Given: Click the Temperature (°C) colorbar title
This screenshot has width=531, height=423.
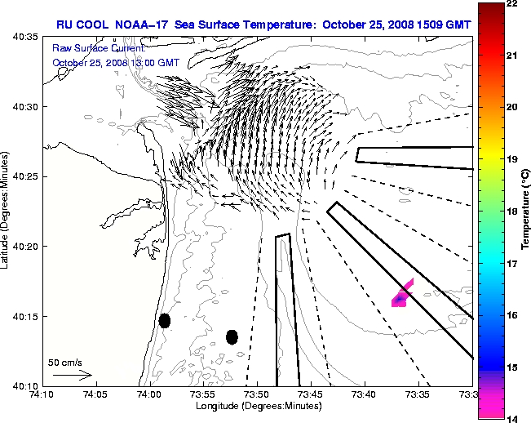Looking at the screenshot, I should click(x=525, y=211).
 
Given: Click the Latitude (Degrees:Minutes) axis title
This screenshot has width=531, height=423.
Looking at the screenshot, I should click(x=7, y=211).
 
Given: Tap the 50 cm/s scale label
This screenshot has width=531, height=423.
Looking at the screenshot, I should click(x=65, y=362).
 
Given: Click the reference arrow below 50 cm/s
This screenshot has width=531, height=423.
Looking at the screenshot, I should click(x=72, y=375).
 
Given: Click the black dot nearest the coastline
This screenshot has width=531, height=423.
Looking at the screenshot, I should click(x=165, y=320).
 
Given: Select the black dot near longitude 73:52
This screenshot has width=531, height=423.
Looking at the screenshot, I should click(x=232, y=336).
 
